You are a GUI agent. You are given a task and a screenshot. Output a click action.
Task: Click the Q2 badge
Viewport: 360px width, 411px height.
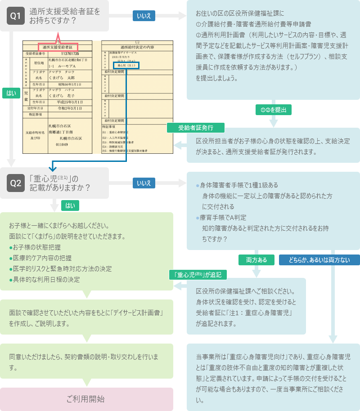tap(16, 183)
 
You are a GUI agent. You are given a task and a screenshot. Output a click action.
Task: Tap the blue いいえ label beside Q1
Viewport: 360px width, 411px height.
tap(144, 16)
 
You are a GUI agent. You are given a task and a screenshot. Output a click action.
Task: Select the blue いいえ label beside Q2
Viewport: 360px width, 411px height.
tap(144, 183)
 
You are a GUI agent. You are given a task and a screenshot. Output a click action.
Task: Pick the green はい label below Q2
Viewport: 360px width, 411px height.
tap(70, 205)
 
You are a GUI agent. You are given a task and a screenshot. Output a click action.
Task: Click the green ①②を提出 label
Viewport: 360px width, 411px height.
tap(274, 109)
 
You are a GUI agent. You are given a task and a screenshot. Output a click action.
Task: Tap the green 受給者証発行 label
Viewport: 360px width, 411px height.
tap(196, 128)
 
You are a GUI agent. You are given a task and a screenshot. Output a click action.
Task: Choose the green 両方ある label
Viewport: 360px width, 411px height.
tap(256, 260)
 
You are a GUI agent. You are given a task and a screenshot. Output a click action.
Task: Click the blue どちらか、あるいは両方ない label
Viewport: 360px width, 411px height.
tap(319, 260)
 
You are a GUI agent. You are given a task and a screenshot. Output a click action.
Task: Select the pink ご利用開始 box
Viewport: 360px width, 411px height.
tap(86, 399)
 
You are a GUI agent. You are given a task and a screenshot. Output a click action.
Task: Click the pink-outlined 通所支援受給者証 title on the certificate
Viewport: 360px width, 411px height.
tap(58, 47)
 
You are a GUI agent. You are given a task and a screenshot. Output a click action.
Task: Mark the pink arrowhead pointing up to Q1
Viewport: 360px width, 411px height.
tap(58, 35)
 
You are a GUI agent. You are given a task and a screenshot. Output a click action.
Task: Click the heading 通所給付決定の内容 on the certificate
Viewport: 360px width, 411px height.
tap(137, 47)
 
